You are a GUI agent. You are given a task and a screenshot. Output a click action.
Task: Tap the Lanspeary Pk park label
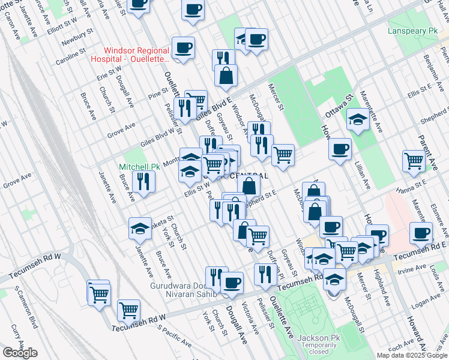(x=414, y=31)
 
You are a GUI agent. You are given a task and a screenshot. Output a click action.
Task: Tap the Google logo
(x=20, y=353)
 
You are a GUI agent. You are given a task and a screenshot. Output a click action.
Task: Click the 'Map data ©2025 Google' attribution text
(x=412, y=355)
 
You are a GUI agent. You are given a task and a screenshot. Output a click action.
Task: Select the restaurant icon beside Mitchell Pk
(x=143, y=182)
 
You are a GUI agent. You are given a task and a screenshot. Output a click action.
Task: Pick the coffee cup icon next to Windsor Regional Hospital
(x=183, y=47)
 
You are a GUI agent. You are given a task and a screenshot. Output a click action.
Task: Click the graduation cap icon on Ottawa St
(x=358, y=119)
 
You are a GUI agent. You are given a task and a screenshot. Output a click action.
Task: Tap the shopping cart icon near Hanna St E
(x=414, y=161)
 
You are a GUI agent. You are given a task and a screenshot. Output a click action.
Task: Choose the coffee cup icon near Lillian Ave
(x=340, y=149)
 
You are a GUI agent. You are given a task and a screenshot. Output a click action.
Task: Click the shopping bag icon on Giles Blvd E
(x=226, y=76)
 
